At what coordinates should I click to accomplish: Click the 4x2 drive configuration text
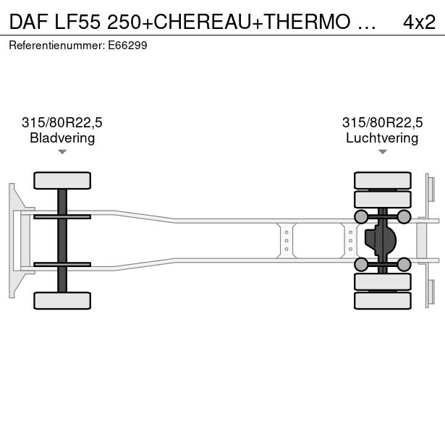(x=419, y=22)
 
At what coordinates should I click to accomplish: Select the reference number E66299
(x=127, y=46)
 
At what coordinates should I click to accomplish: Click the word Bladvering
(x=62, y=138)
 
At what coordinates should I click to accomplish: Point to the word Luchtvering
(x=382, y=138)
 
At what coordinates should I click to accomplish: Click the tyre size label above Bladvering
(x=62, y=122)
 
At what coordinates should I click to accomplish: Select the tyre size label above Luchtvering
(x=382, y=122)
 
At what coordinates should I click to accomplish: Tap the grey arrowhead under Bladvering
(x=62, y=152)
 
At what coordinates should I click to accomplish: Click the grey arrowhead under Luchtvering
(x=383, y=152)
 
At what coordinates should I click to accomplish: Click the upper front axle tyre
(x=62, y=180)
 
